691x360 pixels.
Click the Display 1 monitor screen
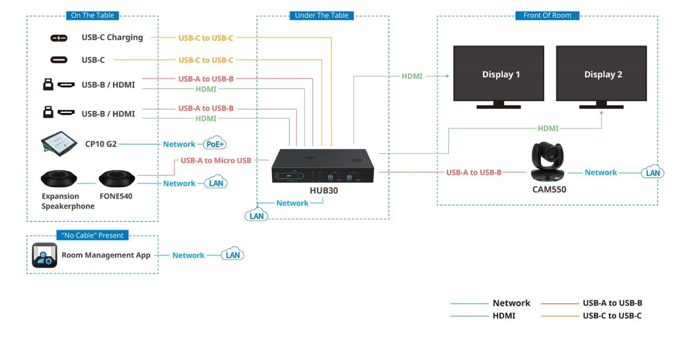coord(498,73)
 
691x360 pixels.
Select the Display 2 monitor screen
coord(601,73)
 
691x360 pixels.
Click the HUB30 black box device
coord(323,166)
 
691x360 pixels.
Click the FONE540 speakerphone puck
coord(117,178)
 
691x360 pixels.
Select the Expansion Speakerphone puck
coord(59,178)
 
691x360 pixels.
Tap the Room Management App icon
coord(44,255)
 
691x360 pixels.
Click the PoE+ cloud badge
coord(215,144)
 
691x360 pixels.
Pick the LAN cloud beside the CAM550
coord(653,172)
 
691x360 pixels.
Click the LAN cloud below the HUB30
coord(257,215)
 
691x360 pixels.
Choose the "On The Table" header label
coord(92,16)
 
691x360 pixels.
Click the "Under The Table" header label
coord(321,16)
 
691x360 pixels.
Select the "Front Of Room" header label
coord(547,16)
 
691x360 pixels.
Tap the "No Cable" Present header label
coord(92,235)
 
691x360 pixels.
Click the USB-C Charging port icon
coord(59,38)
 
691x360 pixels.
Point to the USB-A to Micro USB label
coord(216,160)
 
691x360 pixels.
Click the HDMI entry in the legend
coord(504,315)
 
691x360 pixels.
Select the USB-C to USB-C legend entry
coord(612,315)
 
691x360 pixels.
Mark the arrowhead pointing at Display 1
coord(447,76)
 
